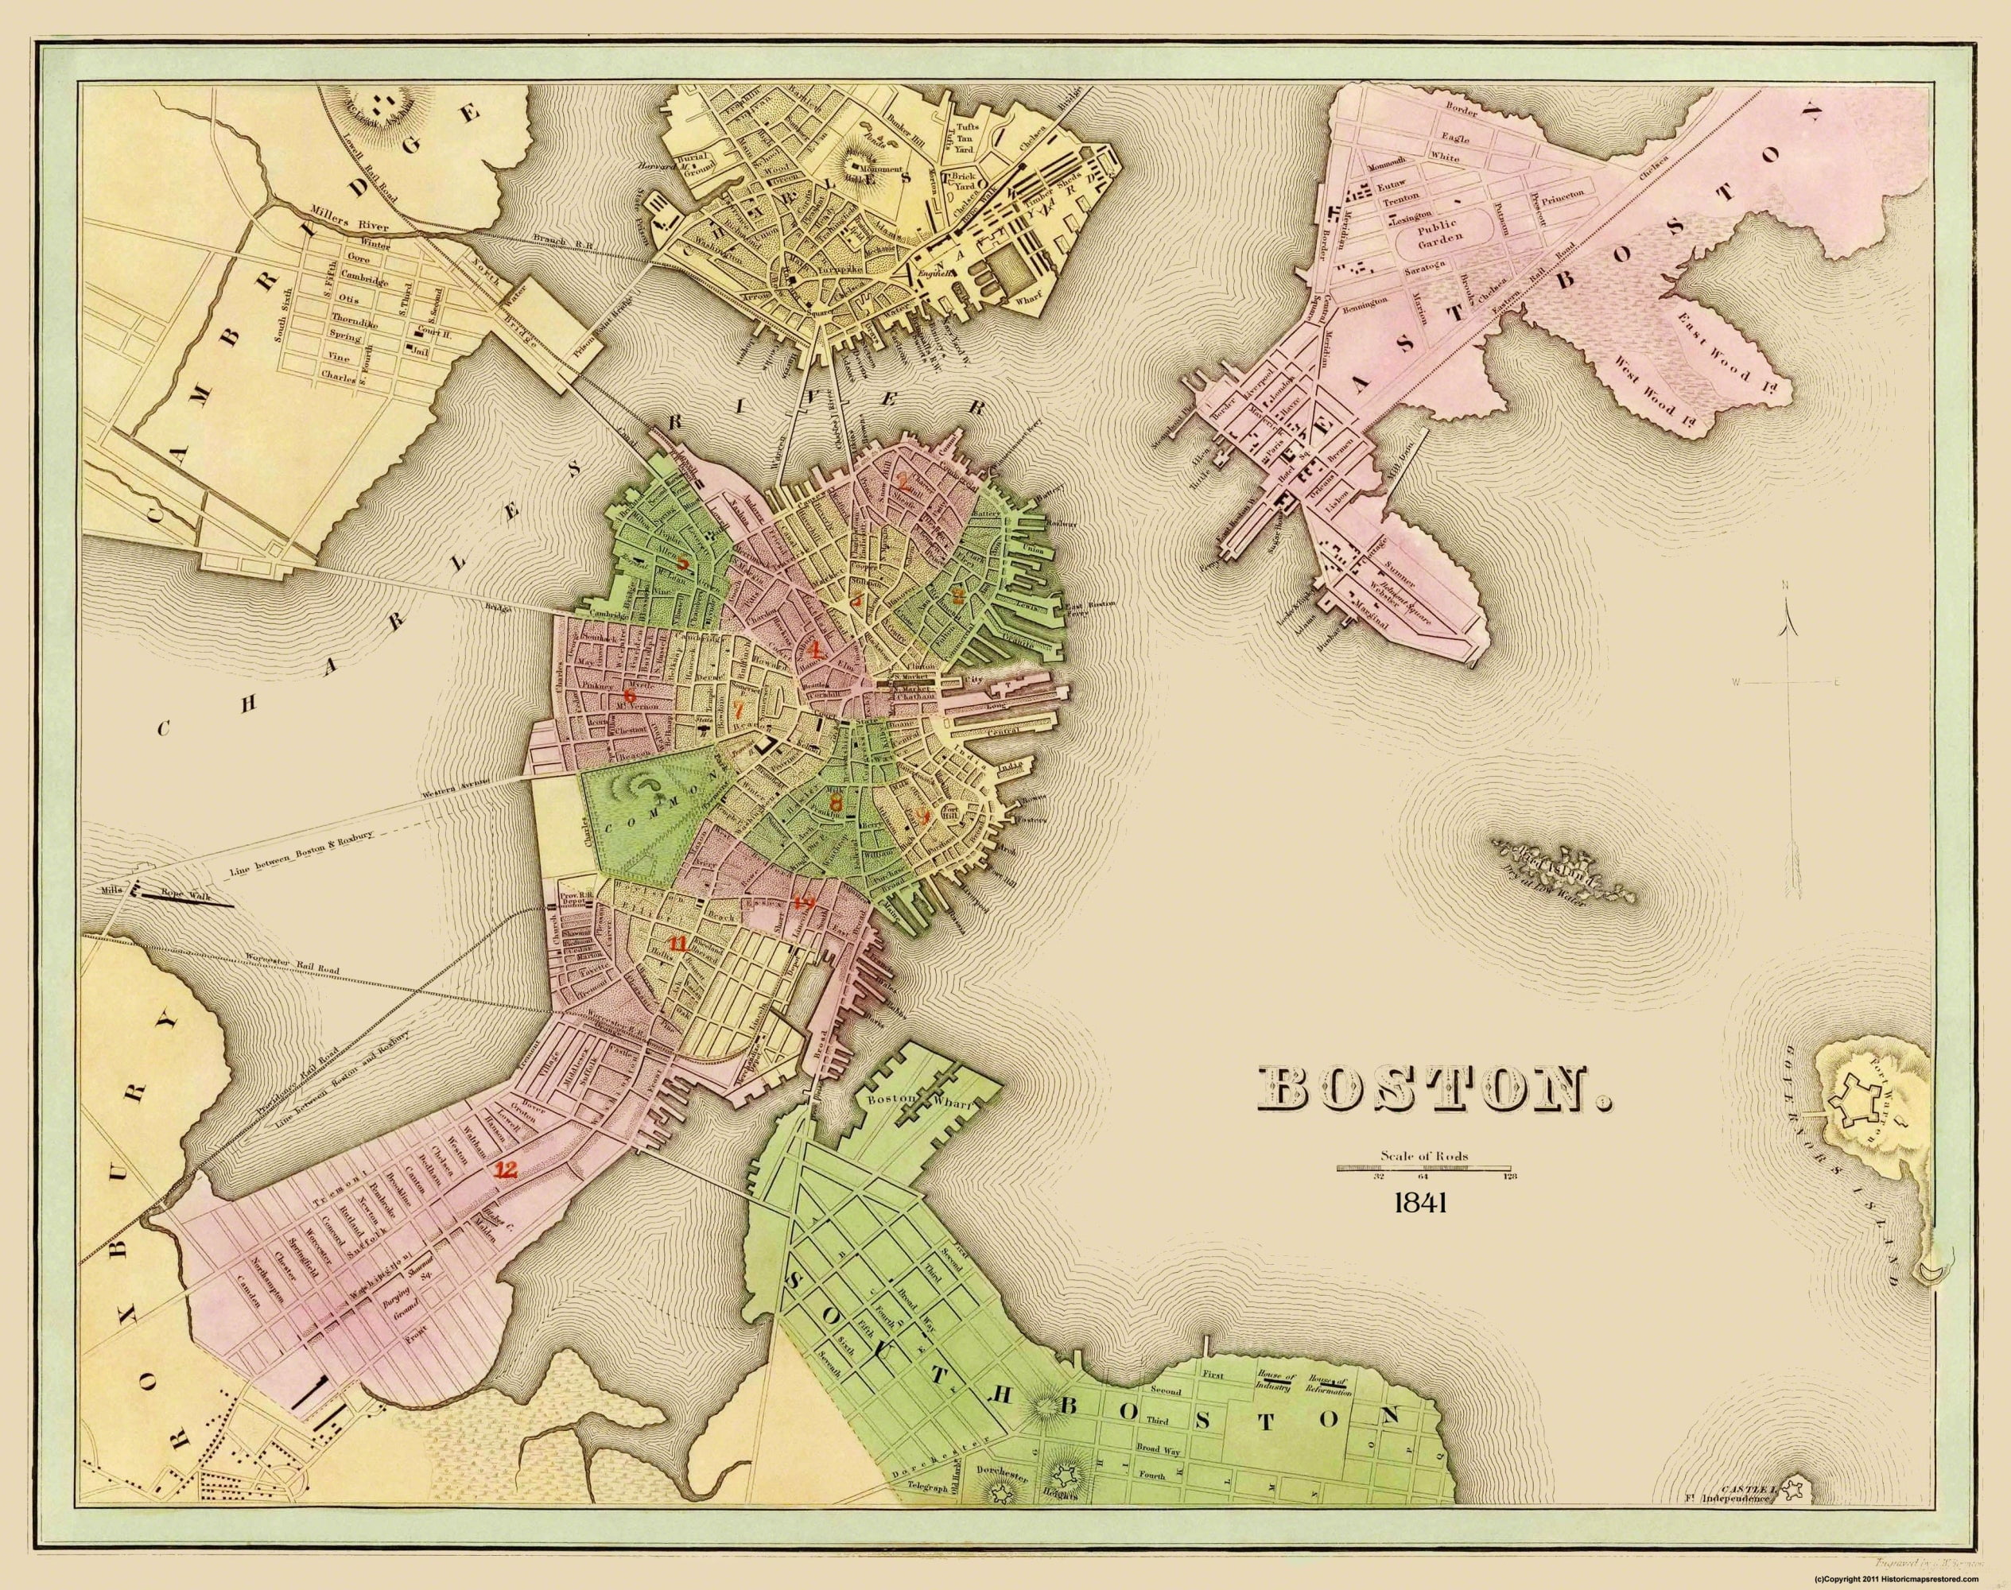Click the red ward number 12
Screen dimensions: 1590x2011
(507, 1170)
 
